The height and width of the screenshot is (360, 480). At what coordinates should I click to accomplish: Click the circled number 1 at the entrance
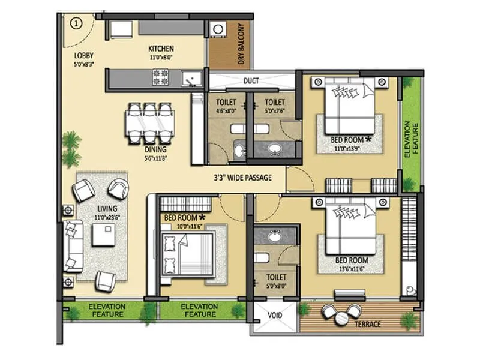76,23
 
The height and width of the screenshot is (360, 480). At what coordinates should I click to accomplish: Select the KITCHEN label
161,49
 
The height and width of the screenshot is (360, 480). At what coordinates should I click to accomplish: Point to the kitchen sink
191,78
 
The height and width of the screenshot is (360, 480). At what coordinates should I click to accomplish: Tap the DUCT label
251,81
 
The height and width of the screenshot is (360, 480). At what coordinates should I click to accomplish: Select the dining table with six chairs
150,122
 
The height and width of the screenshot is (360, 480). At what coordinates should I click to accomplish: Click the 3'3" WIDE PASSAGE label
243,178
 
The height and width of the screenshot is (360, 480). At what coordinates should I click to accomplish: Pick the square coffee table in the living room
103,235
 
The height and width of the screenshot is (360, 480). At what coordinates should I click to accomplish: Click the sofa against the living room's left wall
73,245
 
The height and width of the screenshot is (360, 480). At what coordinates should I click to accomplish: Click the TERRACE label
367,324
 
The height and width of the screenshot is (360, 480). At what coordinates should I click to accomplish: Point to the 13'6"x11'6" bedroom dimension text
351,268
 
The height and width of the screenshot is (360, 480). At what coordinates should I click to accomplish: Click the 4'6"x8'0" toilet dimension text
227,110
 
